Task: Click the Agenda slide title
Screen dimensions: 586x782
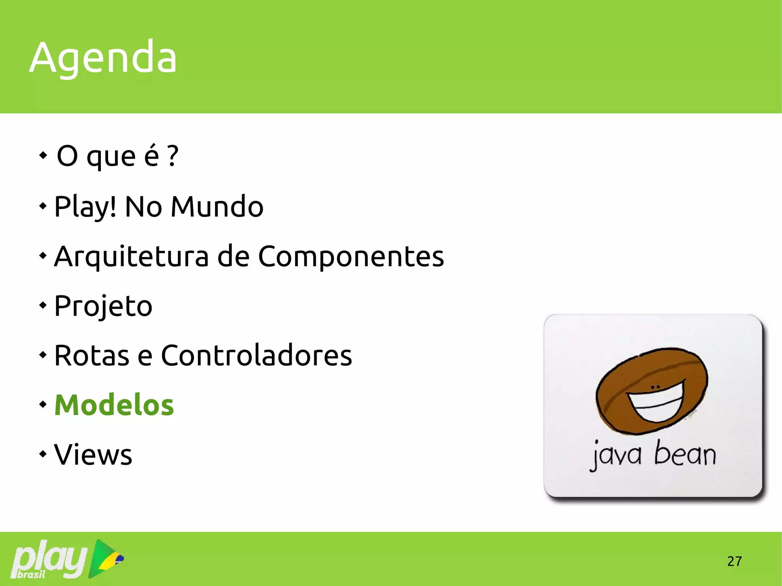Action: (103, 57)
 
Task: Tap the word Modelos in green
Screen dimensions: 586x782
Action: (114, 405)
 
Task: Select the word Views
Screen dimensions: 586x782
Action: (93, 455)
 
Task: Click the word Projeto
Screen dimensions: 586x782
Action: (103, 306)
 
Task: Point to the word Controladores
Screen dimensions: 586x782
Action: (256, 355)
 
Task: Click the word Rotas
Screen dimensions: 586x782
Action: (92, 355)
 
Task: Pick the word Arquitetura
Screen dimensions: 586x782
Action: (131, 257)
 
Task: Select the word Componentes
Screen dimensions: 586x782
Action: (351, 257)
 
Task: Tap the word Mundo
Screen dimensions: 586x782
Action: (217, 207)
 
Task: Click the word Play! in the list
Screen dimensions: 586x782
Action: (85, 207)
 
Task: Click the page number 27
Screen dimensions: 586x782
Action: (734, 561)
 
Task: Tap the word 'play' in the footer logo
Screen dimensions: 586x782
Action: (50, 557)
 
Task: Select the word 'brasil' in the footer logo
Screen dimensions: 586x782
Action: (31, 574)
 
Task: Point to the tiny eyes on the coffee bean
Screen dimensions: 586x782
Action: (655, 387)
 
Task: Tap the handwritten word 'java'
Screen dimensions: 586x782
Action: (616, 455)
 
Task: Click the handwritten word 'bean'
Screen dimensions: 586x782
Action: (685, 454)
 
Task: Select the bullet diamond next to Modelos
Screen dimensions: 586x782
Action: (43, 404)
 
